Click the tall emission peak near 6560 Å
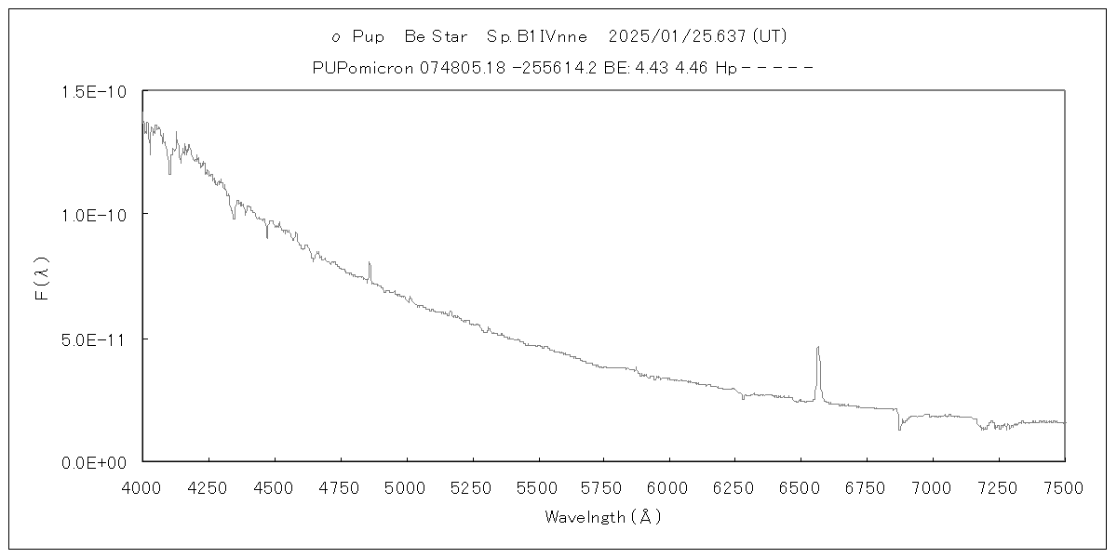coord(818,349)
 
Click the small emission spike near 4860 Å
coord(370,264)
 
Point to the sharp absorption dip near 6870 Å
coord(899,428)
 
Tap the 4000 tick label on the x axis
coord(142,485)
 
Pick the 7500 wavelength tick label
coord(1064,485)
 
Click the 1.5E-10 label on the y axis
coord(89,91)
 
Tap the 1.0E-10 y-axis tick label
coord(89,215)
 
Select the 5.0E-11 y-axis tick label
coord(89,339)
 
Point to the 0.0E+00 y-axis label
coord(88,461)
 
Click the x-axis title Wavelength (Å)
coord(603,517)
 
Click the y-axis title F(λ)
coord(43,276)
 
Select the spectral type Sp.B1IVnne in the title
coord(537,37)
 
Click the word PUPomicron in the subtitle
coord(365,68)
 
